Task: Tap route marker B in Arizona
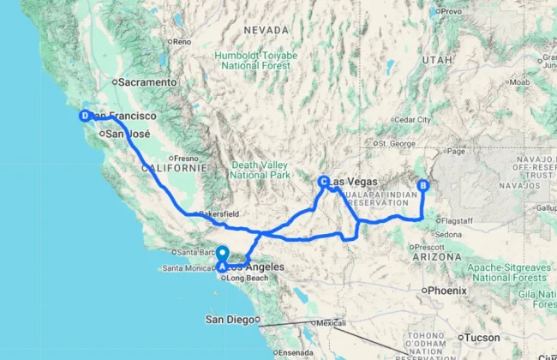click(422, 185)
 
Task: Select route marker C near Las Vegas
click(323, 182)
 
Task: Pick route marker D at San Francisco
click(84, 116)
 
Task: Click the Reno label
click(181, 41)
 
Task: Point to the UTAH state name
click(435, 60)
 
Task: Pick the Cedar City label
click(413, 119)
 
